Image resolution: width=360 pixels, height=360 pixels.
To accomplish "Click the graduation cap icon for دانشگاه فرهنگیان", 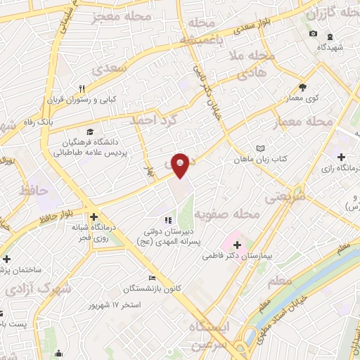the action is (89, 131).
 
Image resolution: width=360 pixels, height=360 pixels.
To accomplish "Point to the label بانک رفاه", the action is (56, 121).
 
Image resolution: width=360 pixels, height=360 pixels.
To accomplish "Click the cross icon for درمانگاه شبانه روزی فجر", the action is (93, 217).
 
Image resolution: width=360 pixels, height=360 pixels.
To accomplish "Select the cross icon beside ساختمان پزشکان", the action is (6, 259).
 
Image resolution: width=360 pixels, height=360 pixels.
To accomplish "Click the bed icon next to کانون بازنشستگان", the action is (150, 278).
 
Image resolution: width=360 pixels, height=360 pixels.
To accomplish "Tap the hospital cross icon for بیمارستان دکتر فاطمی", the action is (236, 245).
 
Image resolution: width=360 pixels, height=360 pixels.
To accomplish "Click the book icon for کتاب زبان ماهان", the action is (261, 148).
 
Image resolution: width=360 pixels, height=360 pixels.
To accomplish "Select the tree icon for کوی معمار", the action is (302, 87).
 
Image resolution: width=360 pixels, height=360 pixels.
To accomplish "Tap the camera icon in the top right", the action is (313, 34).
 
